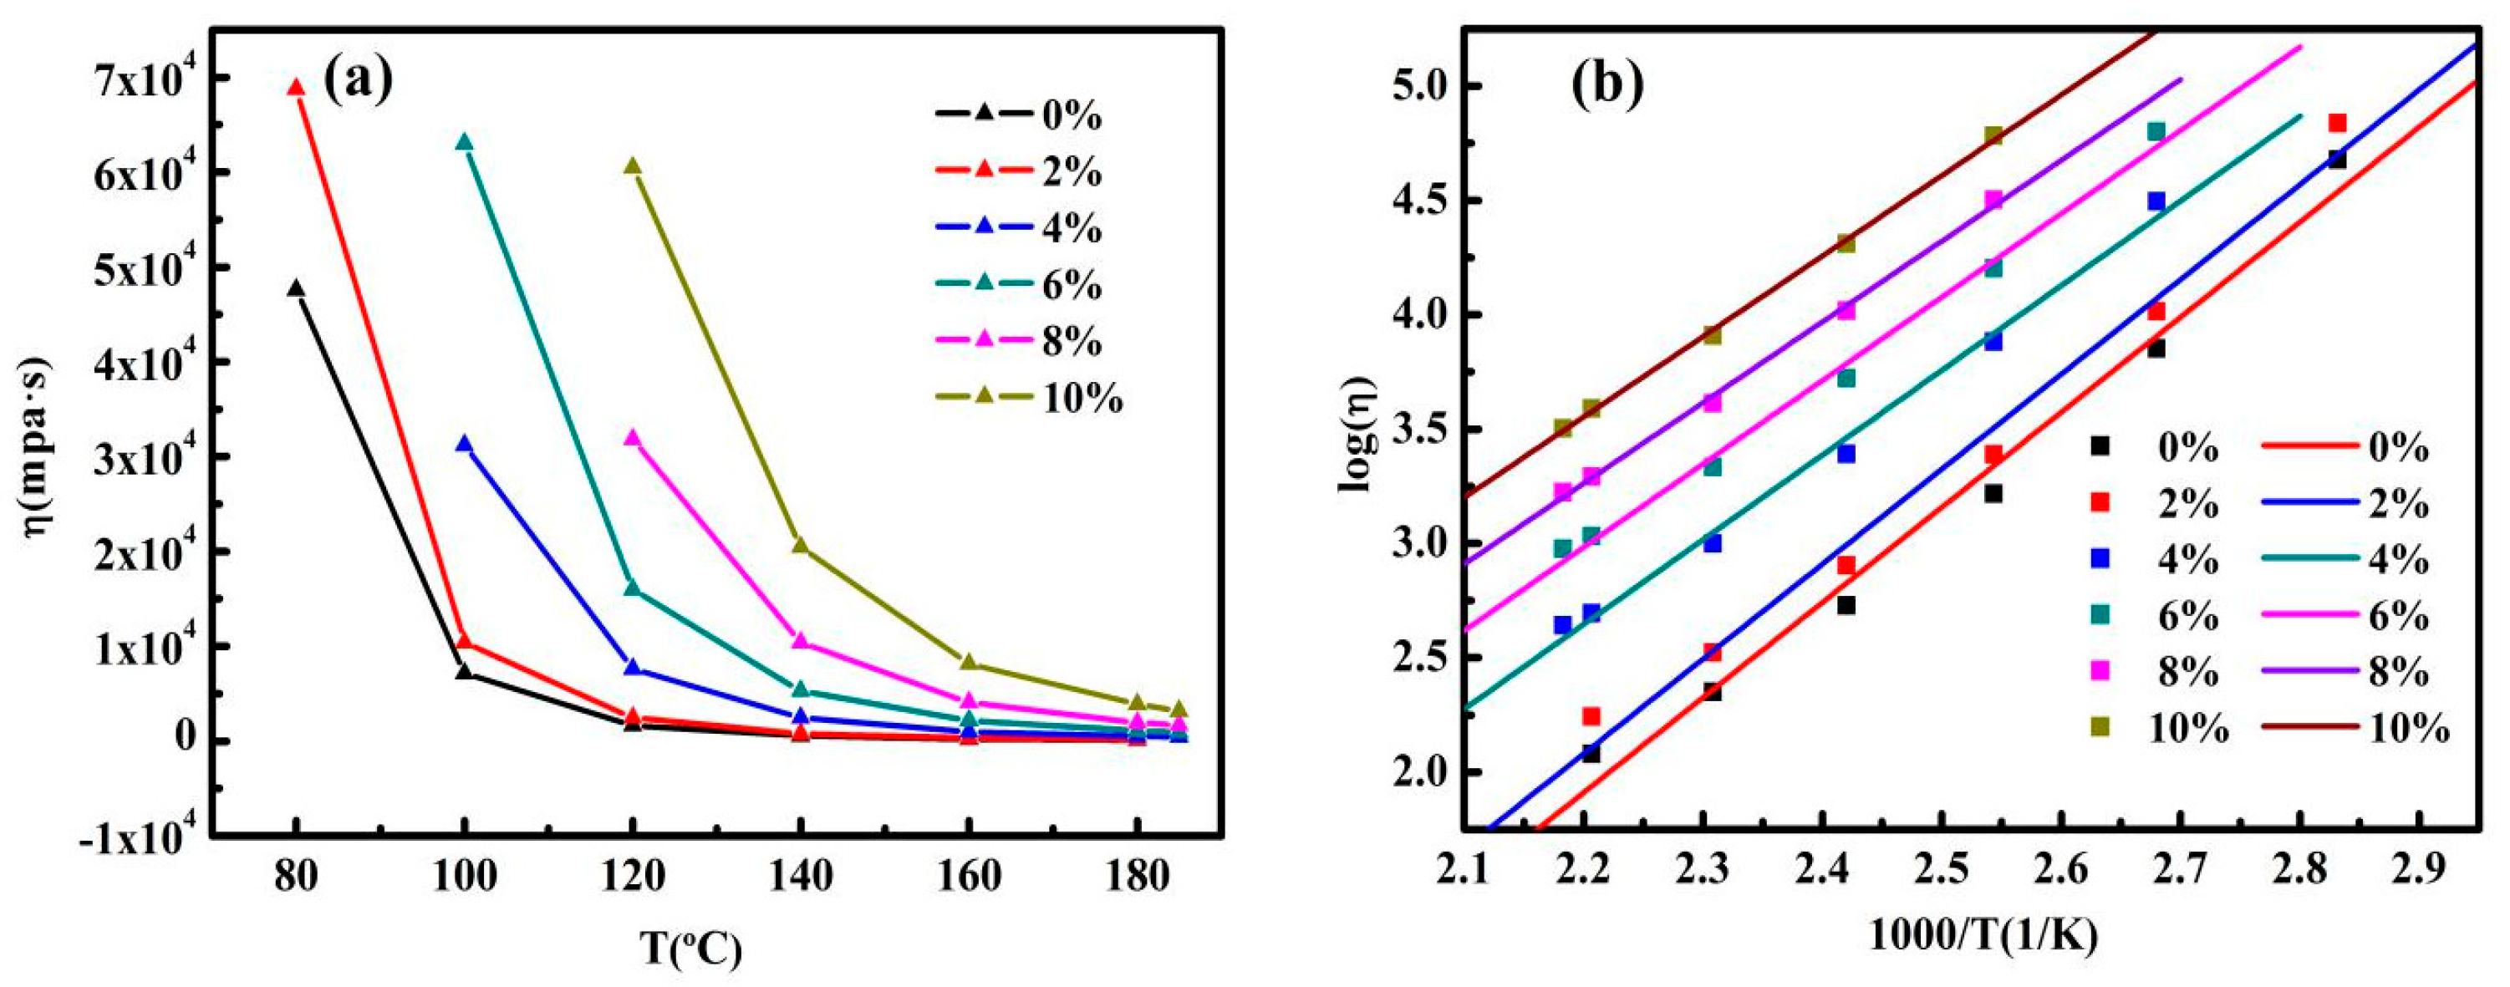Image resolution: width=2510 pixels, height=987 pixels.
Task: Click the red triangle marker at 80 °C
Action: tap(296, 88)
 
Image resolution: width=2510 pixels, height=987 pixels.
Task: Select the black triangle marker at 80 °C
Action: tap(296, 288)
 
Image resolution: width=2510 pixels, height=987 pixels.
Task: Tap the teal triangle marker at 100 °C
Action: tap(465, 142)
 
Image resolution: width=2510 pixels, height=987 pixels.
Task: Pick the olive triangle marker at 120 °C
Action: tap(633, 166)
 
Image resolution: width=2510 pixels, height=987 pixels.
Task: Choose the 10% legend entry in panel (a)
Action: tap(1029, 399)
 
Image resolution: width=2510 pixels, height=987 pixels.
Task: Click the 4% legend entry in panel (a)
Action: tap(1019, 229)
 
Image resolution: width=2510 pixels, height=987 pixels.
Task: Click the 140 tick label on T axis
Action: tap(801, 877)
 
